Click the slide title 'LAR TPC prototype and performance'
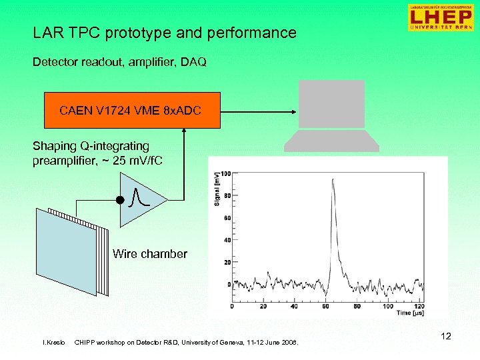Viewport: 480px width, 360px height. tap(165, 33)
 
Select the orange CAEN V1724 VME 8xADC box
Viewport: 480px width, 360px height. tap(131, 110)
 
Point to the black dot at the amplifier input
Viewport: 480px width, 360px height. tap(120, 199)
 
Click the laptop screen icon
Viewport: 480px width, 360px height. tap(331, 103)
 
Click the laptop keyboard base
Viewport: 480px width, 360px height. tap(331, 141)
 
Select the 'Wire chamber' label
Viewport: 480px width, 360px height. tap(150, 254)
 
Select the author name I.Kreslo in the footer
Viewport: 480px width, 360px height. tap(53, 343)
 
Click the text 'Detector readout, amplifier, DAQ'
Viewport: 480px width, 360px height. tap(119, 62)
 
